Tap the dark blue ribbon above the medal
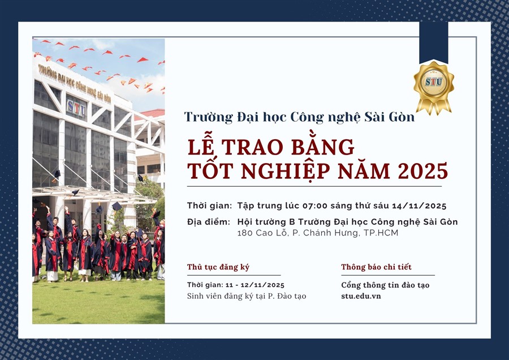(433, 42)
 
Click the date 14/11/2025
(419, 205)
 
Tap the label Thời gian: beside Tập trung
(209, 205)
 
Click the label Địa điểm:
(208, 222)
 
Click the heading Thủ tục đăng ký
(218, 267)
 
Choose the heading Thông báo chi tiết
(376, 267)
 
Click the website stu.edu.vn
(361, 296)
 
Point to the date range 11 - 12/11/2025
(255, 285)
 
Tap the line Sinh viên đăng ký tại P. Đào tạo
(247, 296)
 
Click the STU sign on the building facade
(76, 108)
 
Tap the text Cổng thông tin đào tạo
(385, 285)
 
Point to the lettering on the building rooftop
(74, 83)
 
